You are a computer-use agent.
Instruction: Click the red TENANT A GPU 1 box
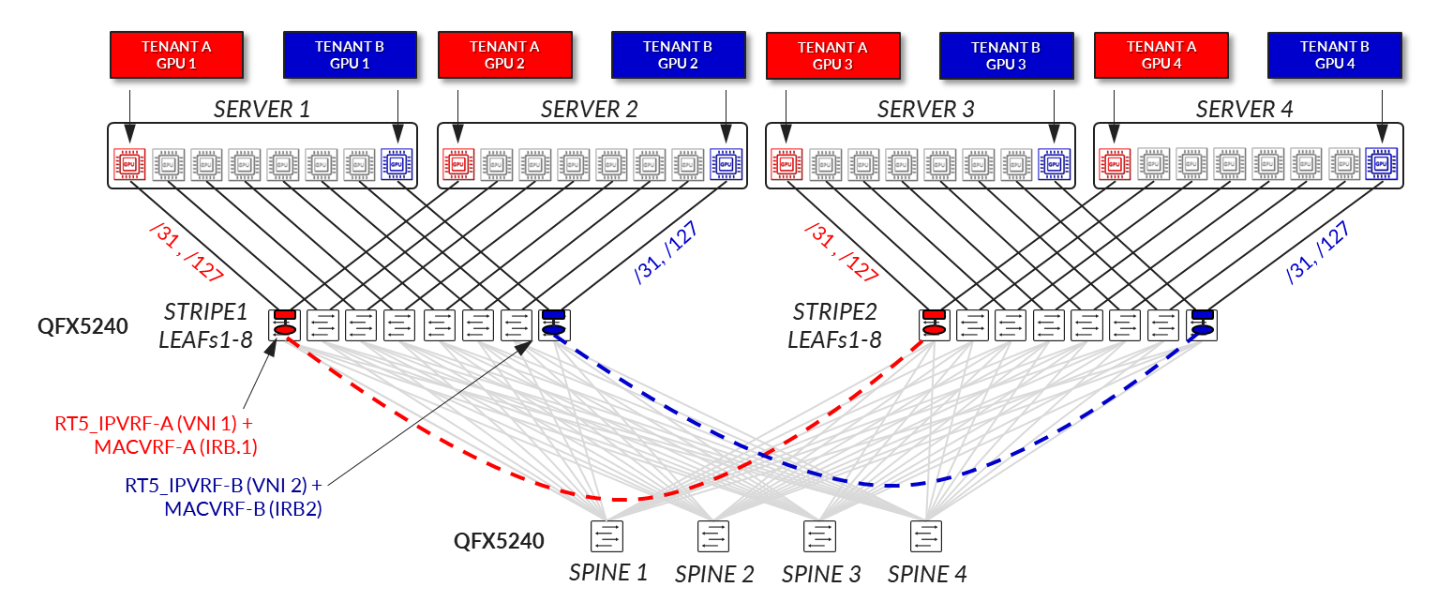pyautogui.click(x=176, y=54)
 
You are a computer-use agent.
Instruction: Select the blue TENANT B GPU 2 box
pyautogui.click(x=678, y=54)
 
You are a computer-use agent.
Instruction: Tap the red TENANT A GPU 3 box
pyautogui.click(x=831, y=56)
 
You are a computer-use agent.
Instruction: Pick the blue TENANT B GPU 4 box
pyautogui.click(x=1334, y=54)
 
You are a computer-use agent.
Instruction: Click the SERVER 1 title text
pyautogui.click(x=262, y=109)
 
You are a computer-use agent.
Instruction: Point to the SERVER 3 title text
pyautogui.click(x=925, y=109)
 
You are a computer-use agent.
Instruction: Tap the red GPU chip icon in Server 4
pyautogui.click(x=1114, y=164)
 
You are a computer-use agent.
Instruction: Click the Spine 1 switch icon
pyautogui.click(x=607, y=536)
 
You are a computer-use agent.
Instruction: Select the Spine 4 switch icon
pyautogui.click(x=926, y=536)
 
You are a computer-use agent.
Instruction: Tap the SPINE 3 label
pyautogui.click(x=820, y=573)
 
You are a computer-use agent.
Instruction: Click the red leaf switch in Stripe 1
pyautogui.click(x=283, y=324)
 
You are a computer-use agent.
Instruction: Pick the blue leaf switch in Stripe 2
pyautogui.click(x=1202, y=324)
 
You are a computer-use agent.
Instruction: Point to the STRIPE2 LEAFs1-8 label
pyautogui.click(x=834, y=325)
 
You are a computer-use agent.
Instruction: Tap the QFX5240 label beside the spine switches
pyautogui.click(x=499, y=540)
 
